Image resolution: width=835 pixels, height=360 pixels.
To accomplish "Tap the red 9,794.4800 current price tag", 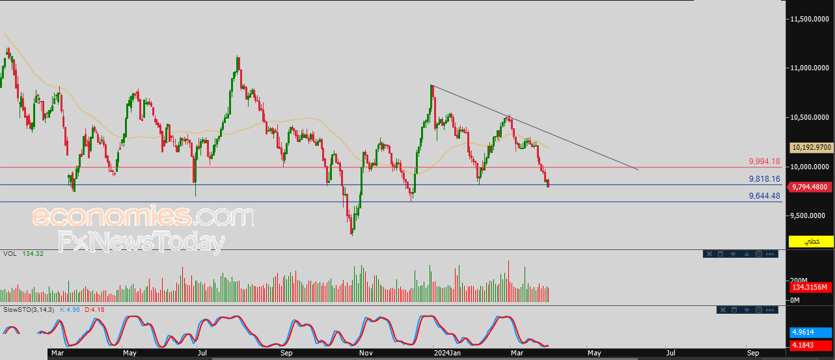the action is click(809, 187).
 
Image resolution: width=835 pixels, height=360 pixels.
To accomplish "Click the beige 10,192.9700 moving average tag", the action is click(812, 148).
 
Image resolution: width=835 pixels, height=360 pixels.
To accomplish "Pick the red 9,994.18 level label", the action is click(764, 161).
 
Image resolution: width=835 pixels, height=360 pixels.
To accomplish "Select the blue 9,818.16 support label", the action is click(764, 179).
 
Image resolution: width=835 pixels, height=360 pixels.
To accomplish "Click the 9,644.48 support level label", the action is click(764, 196).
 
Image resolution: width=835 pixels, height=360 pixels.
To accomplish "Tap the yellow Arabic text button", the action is click(811, 242).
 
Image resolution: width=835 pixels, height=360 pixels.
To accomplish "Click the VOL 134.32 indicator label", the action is click(23, 254).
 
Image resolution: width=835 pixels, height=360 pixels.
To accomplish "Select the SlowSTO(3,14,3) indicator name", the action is click(29, 310).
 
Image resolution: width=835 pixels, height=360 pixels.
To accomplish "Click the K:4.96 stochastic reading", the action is click(70, 310).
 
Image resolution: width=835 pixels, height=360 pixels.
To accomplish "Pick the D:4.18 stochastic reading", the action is click(94, 310).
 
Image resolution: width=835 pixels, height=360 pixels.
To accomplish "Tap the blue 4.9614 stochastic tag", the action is click(811, 333).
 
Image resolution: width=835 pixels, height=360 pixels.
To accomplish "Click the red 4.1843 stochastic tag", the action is click(811, 345).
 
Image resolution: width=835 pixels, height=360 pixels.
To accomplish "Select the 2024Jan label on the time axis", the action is click(447, 353).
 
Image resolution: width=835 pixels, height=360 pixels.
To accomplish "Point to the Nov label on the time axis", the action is click(366, 353).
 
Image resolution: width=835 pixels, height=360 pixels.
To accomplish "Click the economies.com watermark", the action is click(143, 215).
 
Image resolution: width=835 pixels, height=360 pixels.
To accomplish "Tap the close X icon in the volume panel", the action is click(709, 254).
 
